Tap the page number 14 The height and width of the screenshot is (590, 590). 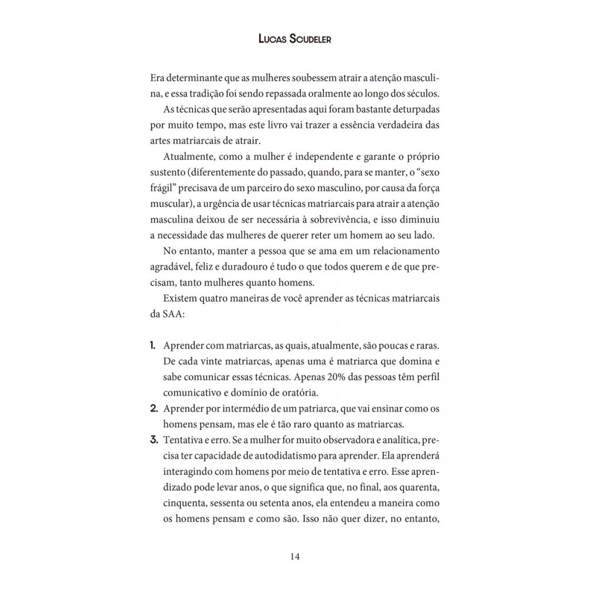pos(295,556)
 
